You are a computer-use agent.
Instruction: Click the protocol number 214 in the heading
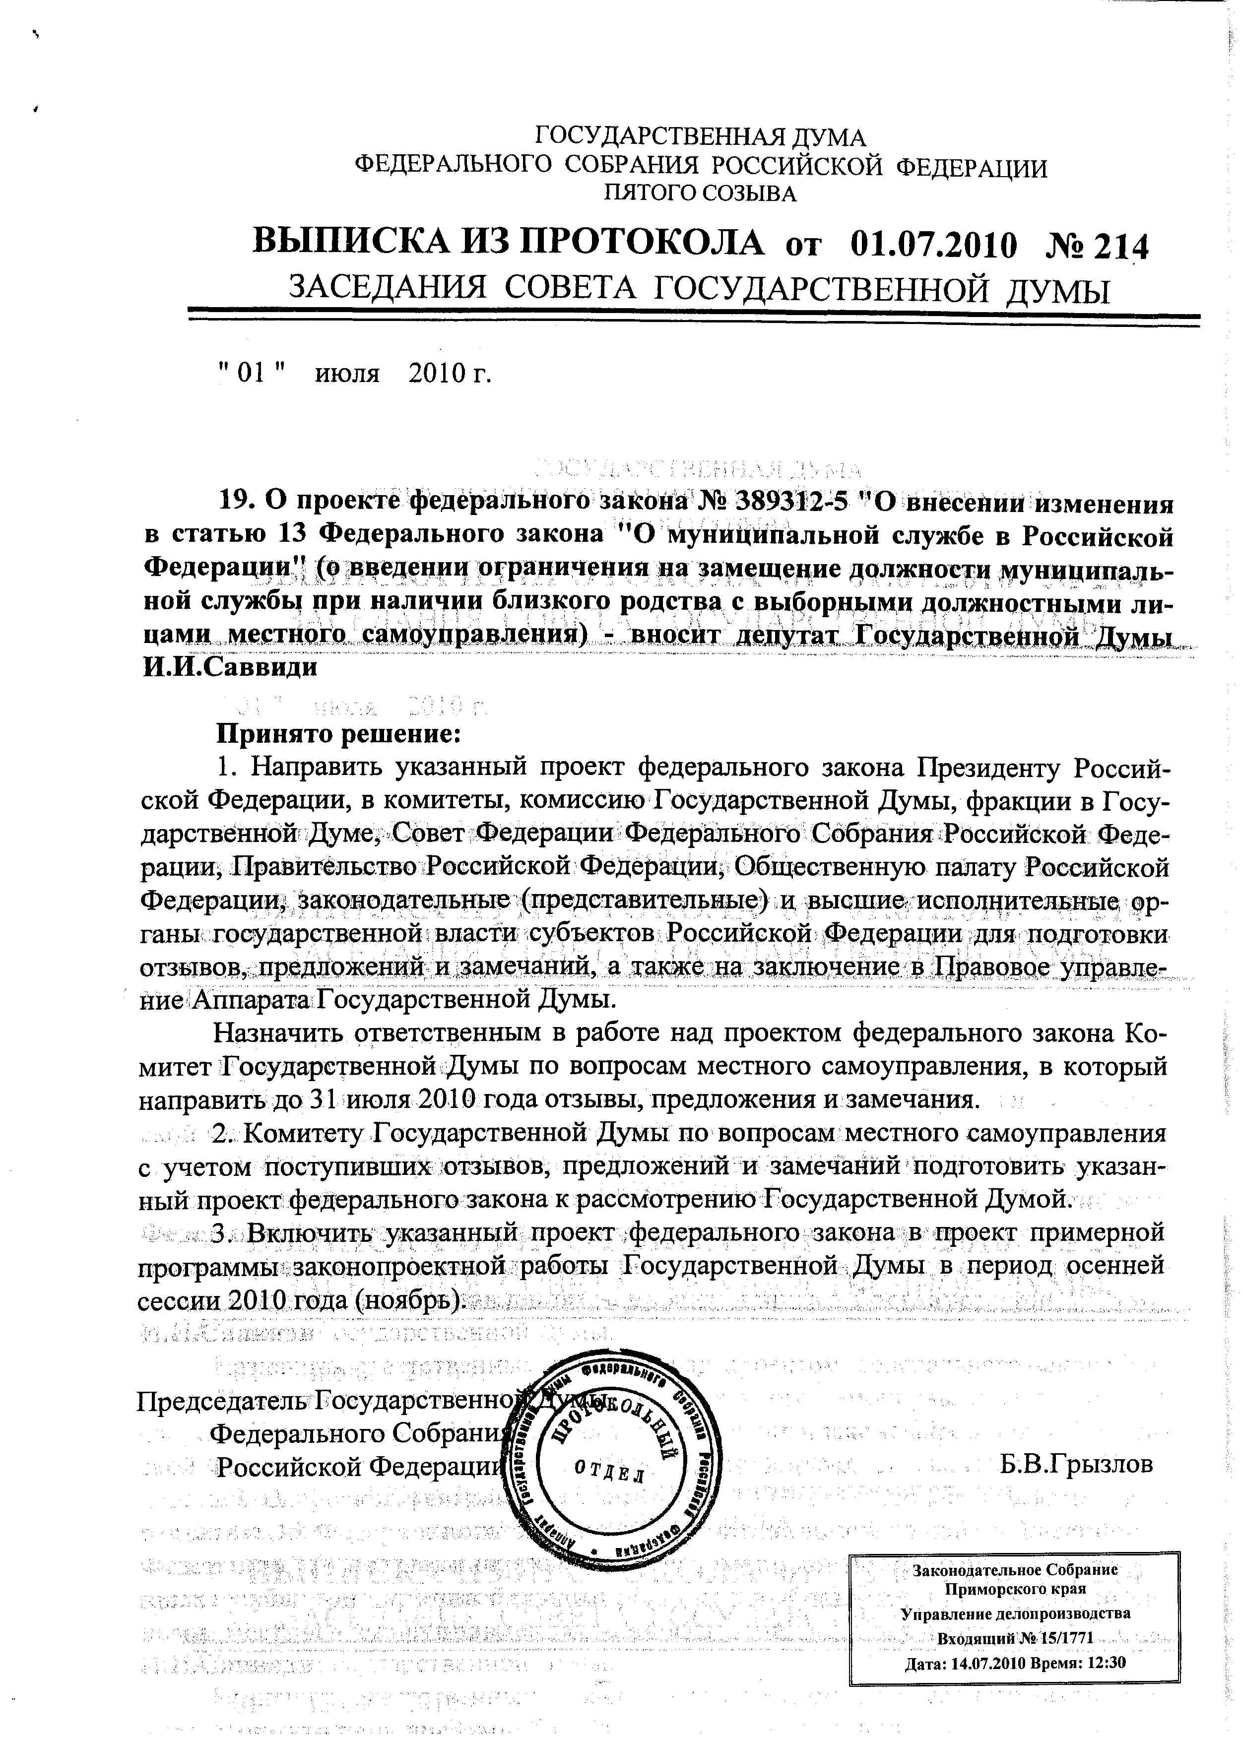[x=1121, y=246]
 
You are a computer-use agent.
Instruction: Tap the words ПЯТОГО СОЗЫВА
[x=700, y=194]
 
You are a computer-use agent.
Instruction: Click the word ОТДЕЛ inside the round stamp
[x=609, y=1472]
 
